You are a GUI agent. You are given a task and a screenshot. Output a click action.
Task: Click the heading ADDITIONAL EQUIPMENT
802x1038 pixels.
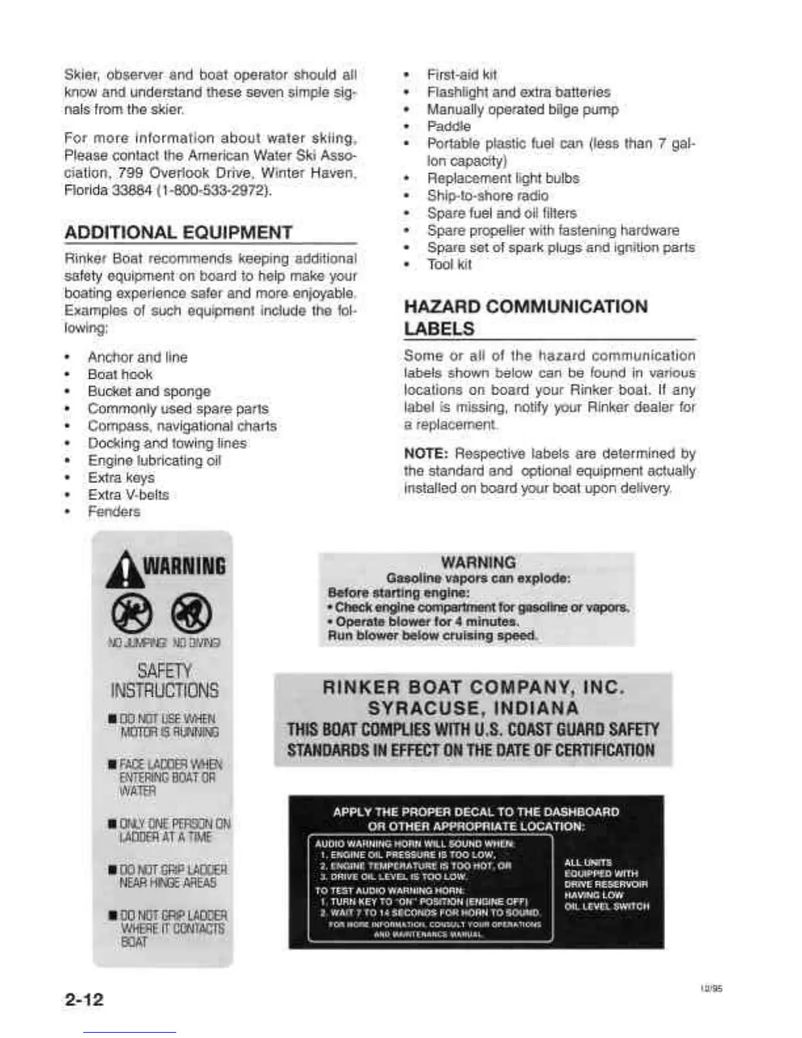point(178,233)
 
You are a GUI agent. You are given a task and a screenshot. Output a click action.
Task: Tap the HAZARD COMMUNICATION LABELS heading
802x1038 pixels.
point(525,317)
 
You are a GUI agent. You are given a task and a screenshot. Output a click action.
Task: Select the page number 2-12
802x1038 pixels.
point(85,999)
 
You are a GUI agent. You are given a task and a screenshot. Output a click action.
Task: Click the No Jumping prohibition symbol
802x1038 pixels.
point(132,614)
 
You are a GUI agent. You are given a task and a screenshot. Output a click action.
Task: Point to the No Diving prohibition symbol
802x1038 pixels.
point(191,614)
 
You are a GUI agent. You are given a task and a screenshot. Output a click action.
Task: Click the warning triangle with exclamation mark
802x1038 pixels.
point(124,569)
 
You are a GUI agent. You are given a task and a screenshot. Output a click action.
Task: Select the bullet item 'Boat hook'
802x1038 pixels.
point(120,374)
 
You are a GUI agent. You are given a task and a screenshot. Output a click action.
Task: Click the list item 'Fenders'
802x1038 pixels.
point(114,512)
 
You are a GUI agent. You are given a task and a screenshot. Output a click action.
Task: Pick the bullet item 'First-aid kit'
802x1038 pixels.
point(462,75)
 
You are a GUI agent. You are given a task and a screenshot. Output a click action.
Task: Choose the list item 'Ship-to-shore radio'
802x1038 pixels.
point(487,195)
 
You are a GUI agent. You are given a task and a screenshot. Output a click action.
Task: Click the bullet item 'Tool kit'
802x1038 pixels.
point(449,265)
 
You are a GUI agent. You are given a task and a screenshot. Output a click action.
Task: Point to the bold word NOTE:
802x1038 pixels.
point(426,453)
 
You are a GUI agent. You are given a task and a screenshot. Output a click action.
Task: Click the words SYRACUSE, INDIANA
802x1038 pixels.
point(473,708)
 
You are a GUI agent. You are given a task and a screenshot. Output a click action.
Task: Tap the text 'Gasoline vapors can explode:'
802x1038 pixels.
point(478,578)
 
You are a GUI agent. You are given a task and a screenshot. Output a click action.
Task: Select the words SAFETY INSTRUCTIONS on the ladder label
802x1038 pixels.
point(164,681)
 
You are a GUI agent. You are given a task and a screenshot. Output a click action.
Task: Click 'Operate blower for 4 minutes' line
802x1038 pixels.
point(427,621)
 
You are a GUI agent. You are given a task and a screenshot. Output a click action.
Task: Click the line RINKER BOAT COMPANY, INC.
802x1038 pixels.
point(473,687)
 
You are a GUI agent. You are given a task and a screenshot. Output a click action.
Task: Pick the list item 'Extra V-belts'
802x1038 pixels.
point(128,495)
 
